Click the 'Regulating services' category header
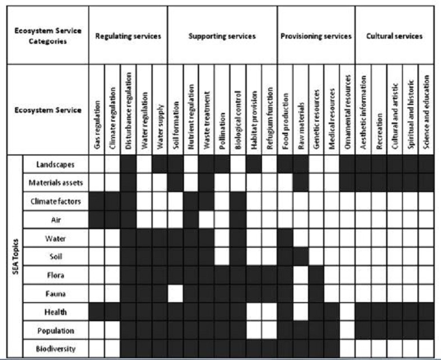pyautogui.click(x=128, y=36)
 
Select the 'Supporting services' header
pyautogui.click(x=222, y=36)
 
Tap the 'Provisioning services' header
pyautogui.click(x=316, y=36)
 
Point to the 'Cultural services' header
pyautogui.click(x=394, y=36)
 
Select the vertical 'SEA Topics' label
pyautogui.click(x=15, y=256)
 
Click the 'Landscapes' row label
pyautogui.click(x=56, y=164)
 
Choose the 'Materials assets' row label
pyautogui.click(x=56, y=183)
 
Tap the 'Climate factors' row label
pyautogui.click(x=56, y=201)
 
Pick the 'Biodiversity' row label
pyautogui.click(x=56, y=348)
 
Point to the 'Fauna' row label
pyautogui.click(x=56, y=293)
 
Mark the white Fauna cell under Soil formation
pyautogui.click(x=176, y=293)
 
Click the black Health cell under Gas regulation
pyautogui.click(x=97, y=312)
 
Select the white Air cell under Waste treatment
pyautogui.click(x=206, y=219)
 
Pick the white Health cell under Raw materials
pyautogui.click(x=301, y=312)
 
